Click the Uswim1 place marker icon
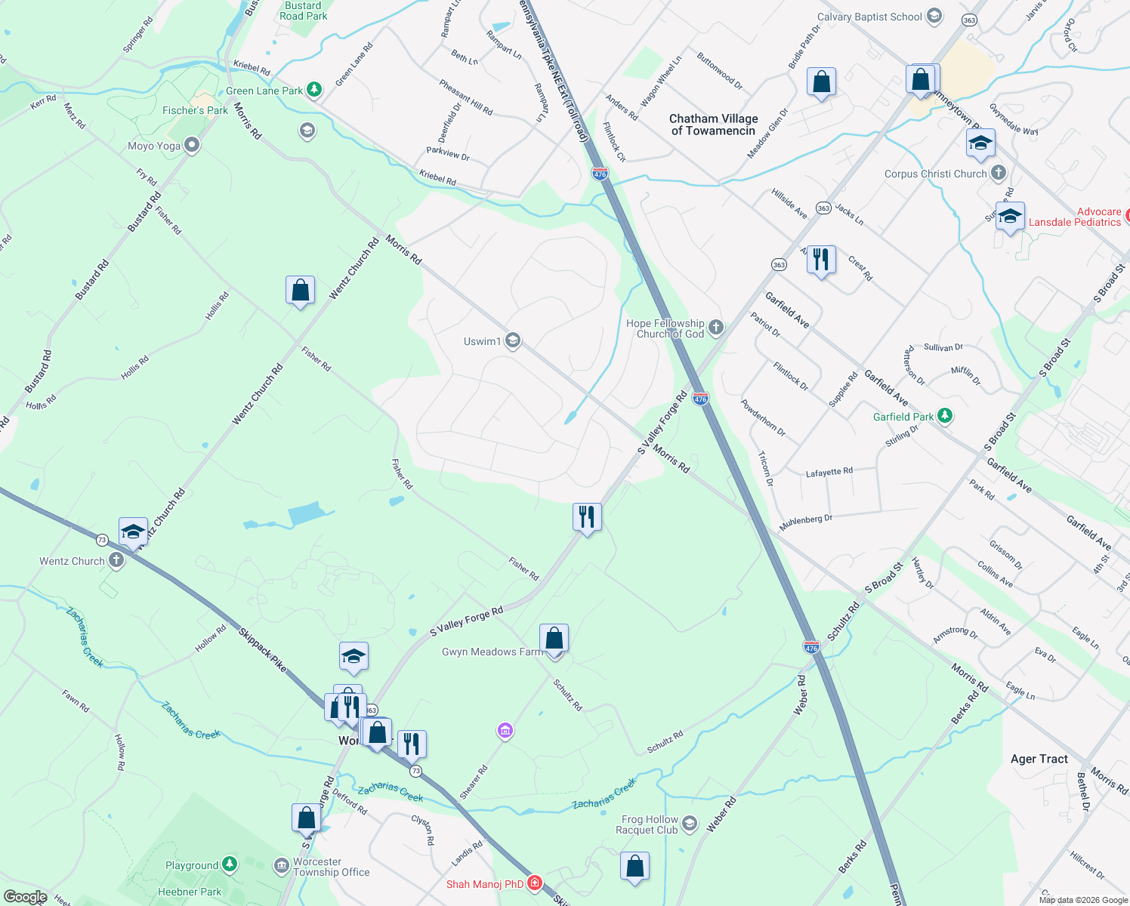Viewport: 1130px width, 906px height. coord(513,341)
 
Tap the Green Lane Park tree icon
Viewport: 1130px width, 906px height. coord(314,90)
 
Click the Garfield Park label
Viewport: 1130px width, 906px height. coord(903,417)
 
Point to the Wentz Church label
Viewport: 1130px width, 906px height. coord(72,561)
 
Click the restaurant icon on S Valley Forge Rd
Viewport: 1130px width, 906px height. coord(587,517)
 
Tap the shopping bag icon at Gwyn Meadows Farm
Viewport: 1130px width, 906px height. coord(554,639)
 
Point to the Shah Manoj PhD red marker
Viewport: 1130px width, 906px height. coord(535,883)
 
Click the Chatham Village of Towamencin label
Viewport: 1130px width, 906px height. coord(713,125)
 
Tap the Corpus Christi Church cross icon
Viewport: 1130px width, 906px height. coord(999,173)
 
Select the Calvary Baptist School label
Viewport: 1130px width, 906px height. coord(869,17)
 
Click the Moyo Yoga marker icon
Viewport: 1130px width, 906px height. coord(192,145)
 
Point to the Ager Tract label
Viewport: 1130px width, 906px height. coord(1039,759)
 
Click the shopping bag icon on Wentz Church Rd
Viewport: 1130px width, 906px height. coord(300,291)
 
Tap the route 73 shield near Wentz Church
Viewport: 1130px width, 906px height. coord(102,540)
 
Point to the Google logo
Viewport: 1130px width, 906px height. coord(25,897)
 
